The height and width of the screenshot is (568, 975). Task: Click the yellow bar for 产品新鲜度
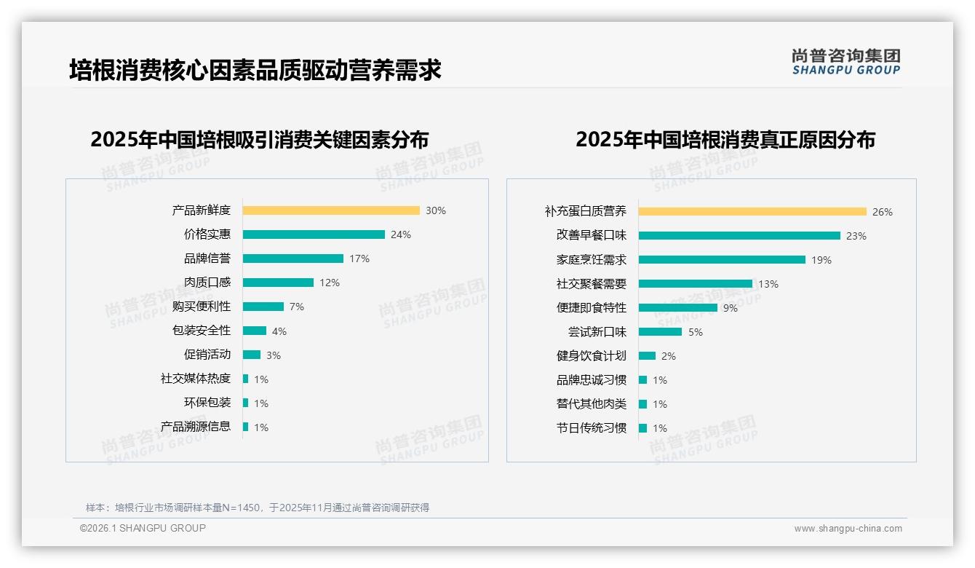coord(331,210)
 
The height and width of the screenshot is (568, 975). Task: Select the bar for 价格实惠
coord(314,234)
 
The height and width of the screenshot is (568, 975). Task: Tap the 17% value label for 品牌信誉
coord(359,259)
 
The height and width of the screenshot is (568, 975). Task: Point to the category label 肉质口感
coord(207,283)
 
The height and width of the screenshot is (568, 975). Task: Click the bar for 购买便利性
coord(263,307)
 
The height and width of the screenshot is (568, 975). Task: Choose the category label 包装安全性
coord(202,331)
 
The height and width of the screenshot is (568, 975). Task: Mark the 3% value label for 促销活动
coord(273,355)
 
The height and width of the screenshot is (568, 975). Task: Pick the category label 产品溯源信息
coord(196,427)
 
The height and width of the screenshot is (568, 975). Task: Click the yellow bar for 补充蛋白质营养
coord(752,212)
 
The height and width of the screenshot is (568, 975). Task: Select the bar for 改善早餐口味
coord(739,236)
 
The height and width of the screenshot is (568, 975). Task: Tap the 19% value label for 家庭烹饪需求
coord(821,260)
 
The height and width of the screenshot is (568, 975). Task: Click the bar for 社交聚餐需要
coord(696,284)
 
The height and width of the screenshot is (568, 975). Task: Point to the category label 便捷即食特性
coord(592,308)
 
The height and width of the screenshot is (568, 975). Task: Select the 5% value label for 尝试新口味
coord(696,332)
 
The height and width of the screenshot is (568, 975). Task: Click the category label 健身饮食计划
coord(592,356)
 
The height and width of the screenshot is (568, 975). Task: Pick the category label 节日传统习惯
coord(592,428)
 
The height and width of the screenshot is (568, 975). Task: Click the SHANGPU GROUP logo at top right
coord(846,62)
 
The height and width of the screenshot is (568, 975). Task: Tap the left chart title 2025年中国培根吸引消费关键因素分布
coord(260,139)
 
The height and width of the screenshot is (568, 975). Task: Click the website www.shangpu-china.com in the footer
coord(848,529)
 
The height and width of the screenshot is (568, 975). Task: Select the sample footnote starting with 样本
coord(258,508)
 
